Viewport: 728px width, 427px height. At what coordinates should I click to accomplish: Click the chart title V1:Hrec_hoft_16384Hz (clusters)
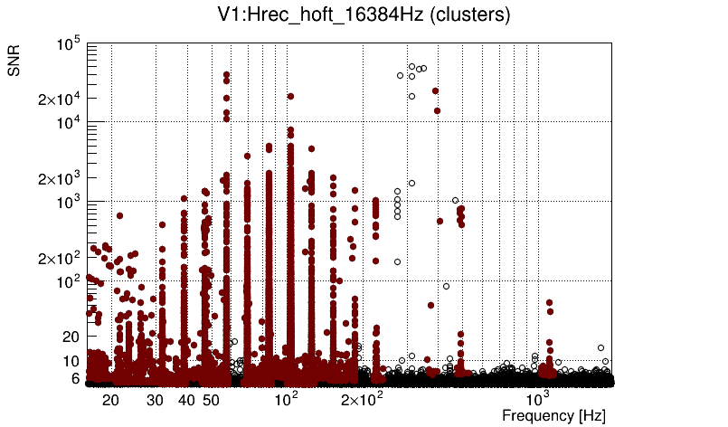(x=362, y=14)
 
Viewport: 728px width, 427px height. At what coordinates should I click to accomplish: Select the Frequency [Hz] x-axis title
(x=553, y=415)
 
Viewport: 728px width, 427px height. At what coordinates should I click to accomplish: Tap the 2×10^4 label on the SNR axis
(x=59, y=99)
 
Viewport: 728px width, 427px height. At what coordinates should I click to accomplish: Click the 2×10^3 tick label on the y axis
(x=59, y=178)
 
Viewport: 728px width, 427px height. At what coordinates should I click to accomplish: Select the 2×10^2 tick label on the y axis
(x=59, y=258)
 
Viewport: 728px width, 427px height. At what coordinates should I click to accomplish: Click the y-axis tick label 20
(x=71, y=337)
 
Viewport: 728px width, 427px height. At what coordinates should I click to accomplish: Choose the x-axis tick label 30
(x=155, y=400)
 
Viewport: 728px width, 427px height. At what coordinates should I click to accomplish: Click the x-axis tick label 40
(x=186, y=400)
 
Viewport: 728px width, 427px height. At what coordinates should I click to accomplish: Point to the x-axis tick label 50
(x=211, y=400)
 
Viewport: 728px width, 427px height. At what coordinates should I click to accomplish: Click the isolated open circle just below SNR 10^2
(x=446, y=286)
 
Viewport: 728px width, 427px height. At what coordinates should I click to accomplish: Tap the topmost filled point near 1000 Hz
(x=549, y=303)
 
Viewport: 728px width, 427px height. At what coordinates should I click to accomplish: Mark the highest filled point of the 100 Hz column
(x=290, y=96)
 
